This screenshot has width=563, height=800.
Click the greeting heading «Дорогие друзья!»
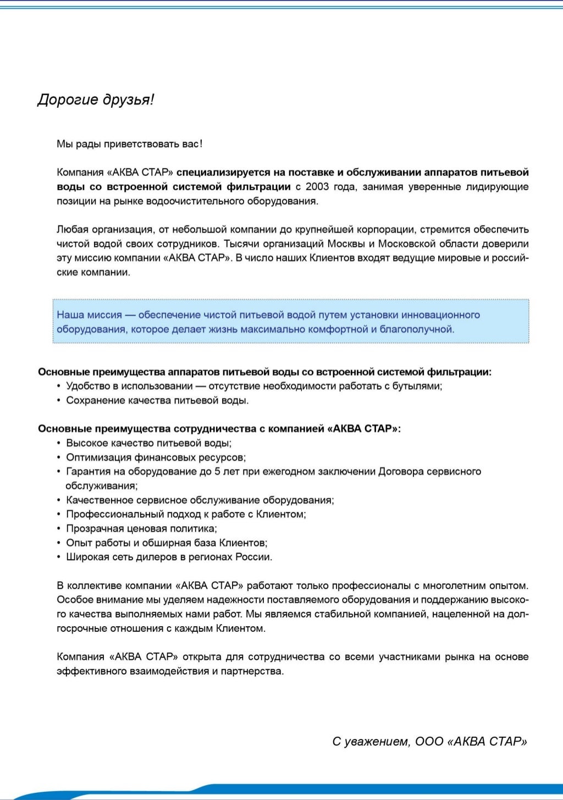coord(96,100)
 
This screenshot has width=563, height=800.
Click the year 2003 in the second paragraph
coord(317,187)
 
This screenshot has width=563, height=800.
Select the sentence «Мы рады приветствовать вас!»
coord(129,144)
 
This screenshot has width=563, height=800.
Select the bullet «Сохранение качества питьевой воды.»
coord(157,400)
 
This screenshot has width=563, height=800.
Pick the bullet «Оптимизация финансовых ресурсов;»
coord(156,457)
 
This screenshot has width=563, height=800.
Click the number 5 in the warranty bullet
coord(217,472)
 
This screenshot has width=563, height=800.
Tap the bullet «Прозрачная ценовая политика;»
coord(141,529)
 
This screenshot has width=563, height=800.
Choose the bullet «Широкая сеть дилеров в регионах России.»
coord(169,557)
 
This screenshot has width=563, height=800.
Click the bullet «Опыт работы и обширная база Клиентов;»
coord(167,543)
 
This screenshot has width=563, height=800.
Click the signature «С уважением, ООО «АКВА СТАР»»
coord(429,742)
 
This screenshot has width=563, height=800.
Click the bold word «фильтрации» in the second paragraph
coord(258,187)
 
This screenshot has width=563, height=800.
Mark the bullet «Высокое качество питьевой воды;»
coord(148,443)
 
